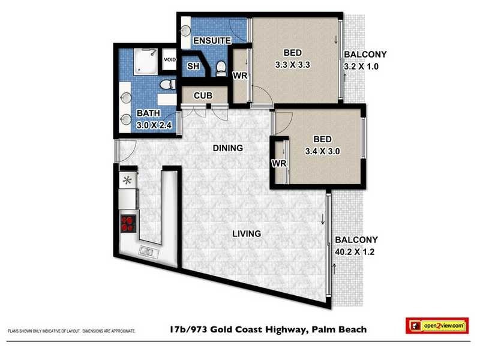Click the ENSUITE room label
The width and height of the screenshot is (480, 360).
212,41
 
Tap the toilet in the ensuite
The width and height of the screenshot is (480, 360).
220,66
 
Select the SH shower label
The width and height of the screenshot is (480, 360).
193,66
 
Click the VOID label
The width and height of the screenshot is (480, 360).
170,60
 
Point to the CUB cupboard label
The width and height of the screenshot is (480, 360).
201,96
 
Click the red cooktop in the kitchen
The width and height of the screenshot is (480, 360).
128,223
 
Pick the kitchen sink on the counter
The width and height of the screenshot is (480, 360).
148,250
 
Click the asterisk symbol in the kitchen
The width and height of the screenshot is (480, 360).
127,180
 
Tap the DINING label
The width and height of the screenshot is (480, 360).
227,148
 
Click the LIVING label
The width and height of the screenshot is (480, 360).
247,233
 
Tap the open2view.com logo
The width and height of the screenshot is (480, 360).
436,325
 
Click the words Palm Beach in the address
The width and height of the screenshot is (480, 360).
338,329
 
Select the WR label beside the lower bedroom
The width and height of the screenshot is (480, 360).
278,163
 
